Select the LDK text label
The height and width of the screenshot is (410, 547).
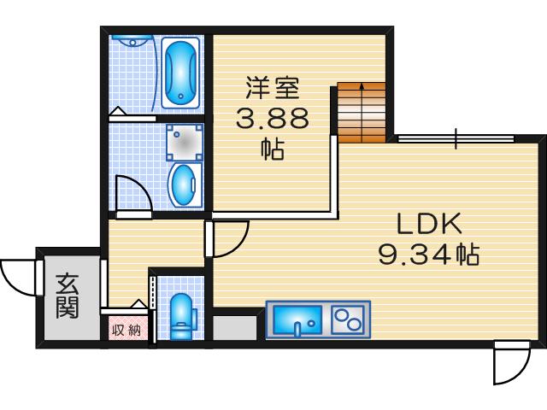tap(429, 225)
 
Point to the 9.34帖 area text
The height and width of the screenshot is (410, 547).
tap(427, 255)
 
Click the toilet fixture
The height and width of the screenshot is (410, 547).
tap(181, 315)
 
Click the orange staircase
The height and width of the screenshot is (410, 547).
tap(362, 112)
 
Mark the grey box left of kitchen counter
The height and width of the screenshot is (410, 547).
tap(235, 328)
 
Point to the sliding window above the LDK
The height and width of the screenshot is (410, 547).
tap(456, 138)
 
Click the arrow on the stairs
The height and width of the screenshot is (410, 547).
tap(362, 90)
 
